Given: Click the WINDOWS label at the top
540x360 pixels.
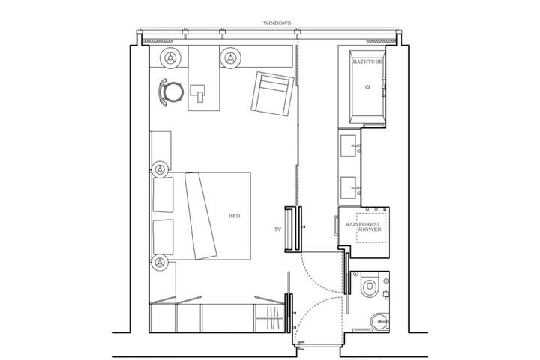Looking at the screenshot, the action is [277, 23].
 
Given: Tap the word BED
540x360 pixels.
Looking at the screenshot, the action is [235, 216].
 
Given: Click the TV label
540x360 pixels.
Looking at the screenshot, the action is [278, 229].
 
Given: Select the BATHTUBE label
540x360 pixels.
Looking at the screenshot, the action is [367, 61].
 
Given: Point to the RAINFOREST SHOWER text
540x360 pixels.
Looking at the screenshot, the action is [363, 226].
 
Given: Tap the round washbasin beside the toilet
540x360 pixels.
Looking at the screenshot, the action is [379, 322].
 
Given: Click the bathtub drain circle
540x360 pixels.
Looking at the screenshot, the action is [367, 87].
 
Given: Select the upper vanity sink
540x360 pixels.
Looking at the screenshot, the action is [349, 145].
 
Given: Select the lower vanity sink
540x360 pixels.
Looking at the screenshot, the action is [349, 187].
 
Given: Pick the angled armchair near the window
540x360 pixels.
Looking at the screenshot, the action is [272, 94].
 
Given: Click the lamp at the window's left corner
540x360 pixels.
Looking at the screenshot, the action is [170, 58].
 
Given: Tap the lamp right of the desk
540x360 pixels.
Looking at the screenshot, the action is [230, 58].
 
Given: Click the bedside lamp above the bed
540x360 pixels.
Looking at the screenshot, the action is [160, 169].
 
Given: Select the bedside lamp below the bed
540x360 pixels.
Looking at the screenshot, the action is [160, 262].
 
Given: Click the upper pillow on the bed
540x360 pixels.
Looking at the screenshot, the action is [163, 195].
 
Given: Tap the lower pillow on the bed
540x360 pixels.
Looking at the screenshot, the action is [163, 237].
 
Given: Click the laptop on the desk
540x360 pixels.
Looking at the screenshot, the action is [198, 93].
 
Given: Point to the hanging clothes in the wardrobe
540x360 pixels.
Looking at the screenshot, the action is [272, 318].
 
